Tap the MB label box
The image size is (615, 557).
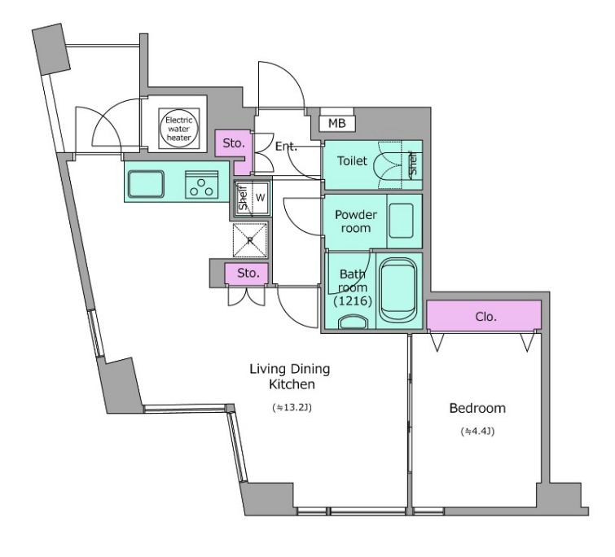337,124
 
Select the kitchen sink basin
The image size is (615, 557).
147,184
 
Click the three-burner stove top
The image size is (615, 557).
201,184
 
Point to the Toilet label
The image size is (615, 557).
352,160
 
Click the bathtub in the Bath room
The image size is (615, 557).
398,290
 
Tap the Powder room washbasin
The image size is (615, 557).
402,221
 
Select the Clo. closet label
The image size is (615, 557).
486,316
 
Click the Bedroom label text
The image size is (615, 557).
477,408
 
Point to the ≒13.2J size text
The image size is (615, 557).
292,408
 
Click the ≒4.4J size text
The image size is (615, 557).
477,431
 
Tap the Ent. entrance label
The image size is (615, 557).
286,147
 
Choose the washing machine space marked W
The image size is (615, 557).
261,198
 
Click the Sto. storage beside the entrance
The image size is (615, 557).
234,143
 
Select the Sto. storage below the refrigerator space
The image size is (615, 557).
248,273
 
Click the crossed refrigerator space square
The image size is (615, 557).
250,240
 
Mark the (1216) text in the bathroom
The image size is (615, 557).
353,301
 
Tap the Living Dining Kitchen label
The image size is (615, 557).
290,376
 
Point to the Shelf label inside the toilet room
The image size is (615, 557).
414,164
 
